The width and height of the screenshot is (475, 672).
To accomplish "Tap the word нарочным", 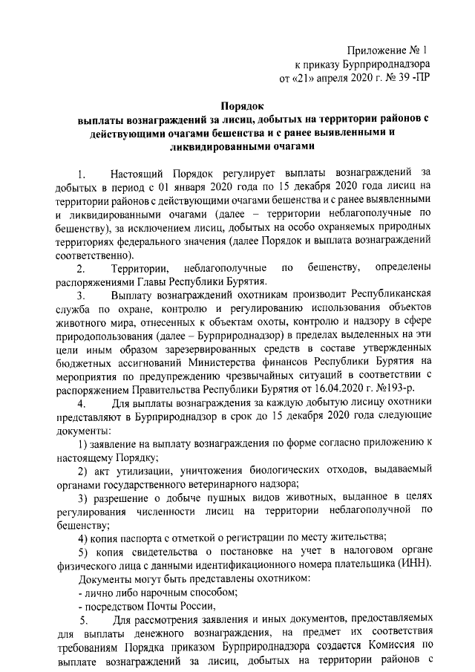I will (166, 590).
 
